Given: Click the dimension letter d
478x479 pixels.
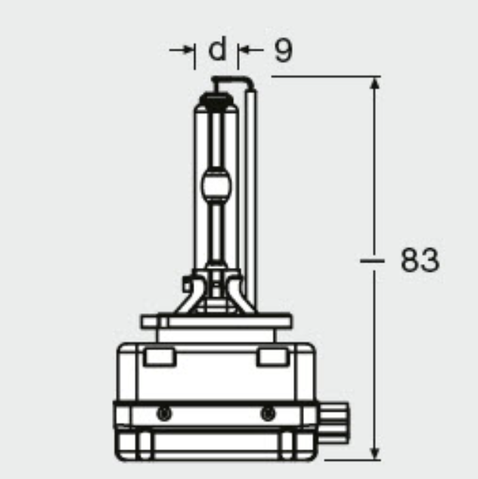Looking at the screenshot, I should click(217, 50).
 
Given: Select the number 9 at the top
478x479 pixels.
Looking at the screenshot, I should click(282, 50).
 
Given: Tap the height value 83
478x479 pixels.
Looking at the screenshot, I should click(418, 260).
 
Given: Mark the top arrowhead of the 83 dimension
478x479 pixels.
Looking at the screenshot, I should click(374, 83).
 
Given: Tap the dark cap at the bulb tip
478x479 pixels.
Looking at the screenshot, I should click(217, 98).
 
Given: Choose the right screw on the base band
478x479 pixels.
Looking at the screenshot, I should click(267, 413).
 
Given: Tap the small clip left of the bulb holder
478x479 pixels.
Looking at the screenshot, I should click(187, 287).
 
